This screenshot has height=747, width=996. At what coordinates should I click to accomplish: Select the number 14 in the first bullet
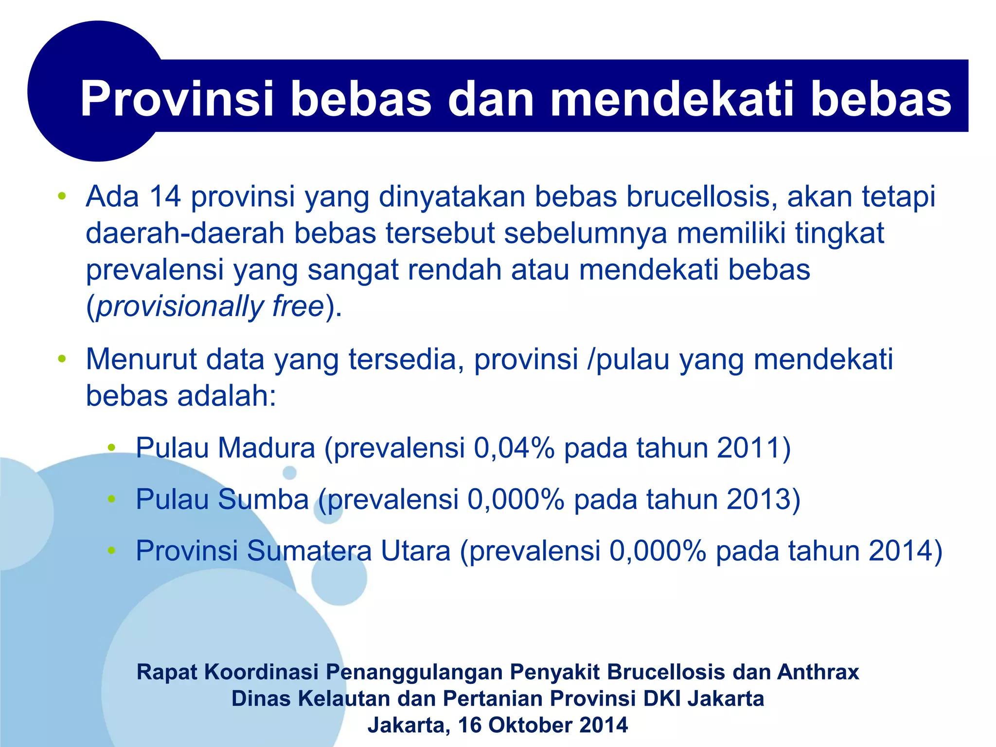click(165, 197)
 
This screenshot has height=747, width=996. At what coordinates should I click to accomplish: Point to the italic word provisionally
click(180, 307)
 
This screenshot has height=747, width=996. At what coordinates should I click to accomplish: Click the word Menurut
click(141, 360)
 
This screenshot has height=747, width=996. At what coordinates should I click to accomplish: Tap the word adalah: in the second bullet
click(227, 396)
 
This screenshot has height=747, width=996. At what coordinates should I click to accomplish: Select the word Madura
click(267, 448)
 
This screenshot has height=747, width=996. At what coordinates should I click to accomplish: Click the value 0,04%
click(514, 448)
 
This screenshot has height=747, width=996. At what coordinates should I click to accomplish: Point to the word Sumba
click(263, 499)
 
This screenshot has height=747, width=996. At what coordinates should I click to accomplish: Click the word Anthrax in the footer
click(818, 672)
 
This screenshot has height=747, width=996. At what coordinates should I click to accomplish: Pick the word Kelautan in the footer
click(343, 699)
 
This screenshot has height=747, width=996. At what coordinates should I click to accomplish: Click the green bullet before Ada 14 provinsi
click(62, 197)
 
